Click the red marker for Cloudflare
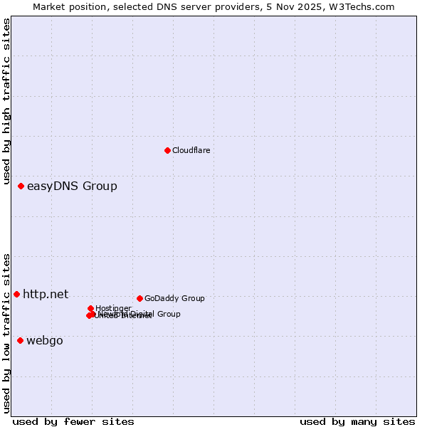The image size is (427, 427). (x=167, y=150)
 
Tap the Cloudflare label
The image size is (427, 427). (x=191, y=150)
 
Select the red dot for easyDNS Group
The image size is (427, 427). (x=21, y=186)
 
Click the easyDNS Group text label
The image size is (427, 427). (x=72, y=186)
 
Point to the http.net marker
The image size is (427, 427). (x=16, y=294)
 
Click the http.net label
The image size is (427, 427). (x=46, y=294)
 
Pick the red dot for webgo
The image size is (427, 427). (x=20, y=340)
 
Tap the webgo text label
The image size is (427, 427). (x=45, y=341)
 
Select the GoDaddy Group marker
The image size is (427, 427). (x=139, y=298)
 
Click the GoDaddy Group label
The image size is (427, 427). (x=174, y=298)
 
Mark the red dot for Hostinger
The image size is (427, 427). (x=90, y=308)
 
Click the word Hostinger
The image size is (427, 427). (x=113, y=308)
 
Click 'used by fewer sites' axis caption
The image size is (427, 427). (x=73, y=421)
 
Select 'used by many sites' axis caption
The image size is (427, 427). (x=357, y=421)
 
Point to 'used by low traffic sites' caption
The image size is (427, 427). (x=7, y=332)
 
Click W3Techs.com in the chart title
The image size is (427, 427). (x=362, y=6)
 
